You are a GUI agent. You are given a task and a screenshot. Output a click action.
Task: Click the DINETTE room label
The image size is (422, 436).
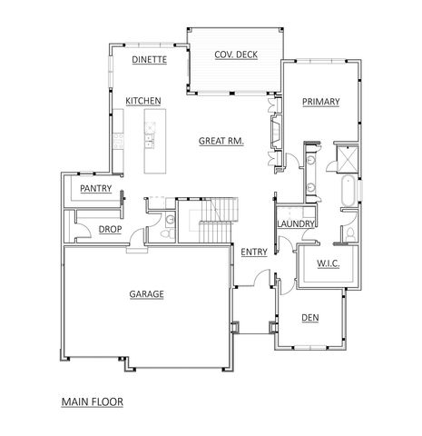(149, 60)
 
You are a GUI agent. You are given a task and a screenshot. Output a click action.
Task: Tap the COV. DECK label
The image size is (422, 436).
(236, 55)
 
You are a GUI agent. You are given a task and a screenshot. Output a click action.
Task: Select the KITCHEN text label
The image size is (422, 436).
(143, 100)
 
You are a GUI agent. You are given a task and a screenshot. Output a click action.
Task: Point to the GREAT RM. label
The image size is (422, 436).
(222, 141)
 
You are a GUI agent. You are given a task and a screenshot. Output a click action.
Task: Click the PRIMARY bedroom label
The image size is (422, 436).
(320, 103)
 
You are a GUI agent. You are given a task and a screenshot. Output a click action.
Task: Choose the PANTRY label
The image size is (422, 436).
(95, 189)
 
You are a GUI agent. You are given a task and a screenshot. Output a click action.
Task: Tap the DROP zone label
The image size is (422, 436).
(110, 230)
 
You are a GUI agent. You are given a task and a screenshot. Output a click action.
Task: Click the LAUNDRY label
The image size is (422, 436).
(296, 224)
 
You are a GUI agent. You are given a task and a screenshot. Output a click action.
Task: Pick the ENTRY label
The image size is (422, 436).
(254, 253)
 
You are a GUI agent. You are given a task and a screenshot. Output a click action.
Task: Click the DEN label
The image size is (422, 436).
(309, 317)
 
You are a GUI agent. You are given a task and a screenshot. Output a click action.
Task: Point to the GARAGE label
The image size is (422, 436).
(146, 294)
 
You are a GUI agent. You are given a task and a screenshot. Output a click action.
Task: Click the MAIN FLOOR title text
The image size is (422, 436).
(92, 400)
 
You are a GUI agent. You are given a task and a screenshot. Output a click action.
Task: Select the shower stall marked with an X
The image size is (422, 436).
(347, 158)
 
